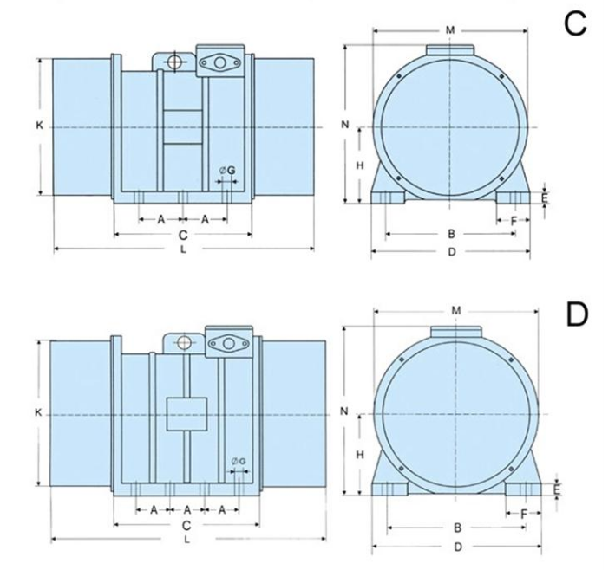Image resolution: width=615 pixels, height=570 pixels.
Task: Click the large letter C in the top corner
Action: (x=575, y=23)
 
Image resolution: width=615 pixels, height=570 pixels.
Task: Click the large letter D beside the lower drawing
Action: (x=577, y=314)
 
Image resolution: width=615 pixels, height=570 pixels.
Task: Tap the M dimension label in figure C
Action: (x=450, y=29)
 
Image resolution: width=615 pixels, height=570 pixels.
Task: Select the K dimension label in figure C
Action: (x=39, y=126)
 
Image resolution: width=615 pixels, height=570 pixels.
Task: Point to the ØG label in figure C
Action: (x=227, y=171)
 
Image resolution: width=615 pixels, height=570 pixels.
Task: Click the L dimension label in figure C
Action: (x=183, y=249)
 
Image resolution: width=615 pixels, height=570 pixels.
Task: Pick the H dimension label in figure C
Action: (x=360, y=165)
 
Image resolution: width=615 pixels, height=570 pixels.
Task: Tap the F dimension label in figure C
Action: (x=514, y=221)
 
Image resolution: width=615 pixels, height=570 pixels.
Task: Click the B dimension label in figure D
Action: (x=457, y=528)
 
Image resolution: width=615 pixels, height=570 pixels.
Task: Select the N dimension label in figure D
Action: (x=344, y=411)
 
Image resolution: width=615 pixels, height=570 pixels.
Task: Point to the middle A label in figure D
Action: (x=187, y=510)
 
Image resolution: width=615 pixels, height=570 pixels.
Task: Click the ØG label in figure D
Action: (x=239, y=461)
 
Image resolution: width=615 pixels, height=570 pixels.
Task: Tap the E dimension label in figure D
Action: (x=557, y=489)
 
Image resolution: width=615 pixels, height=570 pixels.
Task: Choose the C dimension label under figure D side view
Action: (x=186, y=525)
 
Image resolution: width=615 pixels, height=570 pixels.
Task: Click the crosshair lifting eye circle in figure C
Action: (x=173, y=62)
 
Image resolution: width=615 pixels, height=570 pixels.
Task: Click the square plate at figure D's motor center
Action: (x=186, y=414)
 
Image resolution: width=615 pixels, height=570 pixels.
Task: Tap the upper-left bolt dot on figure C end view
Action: (x=398, y=76)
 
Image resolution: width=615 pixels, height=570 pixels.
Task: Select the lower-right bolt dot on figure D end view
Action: (x=511, y=469)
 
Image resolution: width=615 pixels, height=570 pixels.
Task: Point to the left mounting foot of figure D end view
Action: (x=389, y=489)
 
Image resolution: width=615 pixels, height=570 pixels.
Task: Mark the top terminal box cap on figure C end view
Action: (x=450, y=49)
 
